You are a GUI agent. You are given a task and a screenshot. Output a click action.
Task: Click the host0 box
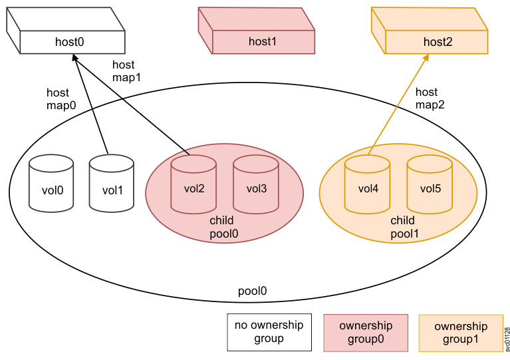point(69,42)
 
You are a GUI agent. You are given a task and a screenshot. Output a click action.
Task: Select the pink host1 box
point(262,42)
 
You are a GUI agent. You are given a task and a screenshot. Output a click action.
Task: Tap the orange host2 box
point(437,42)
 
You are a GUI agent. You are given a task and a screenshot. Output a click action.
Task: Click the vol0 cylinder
point(51,186)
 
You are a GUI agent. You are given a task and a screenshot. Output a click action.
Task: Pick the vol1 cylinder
point(112,186)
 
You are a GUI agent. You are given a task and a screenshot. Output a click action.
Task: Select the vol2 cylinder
point(193,184)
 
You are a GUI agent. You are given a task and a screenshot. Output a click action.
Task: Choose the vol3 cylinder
point(255,184)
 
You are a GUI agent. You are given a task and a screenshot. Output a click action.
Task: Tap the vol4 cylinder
point(367,184)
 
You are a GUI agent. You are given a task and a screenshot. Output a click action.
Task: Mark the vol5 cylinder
point(430,184)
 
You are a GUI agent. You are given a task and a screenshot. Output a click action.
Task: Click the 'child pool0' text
point(223,226)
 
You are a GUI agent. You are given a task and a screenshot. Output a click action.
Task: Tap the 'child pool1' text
point(402,226)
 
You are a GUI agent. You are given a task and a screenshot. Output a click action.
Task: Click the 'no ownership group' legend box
point(269,331)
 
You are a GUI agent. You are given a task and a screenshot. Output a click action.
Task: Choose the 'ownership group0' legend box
point(365,332)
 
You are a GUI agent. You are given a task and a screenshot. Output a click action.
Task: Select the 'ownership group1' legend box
point(460,333)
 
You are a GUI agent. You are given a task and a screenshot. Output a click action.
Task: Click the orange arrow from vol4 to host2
point(398,103)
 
